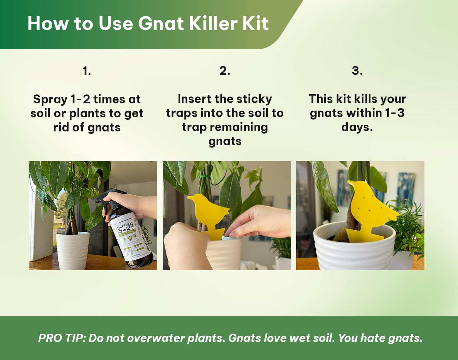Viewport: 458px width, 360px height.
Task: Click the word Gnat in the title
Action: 161,23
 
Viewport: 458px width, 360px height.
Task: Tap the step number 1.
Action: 87,71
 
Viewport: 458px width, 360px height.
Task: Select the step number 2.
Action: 225,71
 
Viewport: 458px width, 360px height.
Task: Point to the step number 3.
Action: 357,71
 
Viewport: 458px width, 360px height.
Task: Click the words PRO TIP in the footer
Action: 61,338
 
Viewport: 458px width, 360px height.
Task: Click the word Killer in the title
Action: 213,23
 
